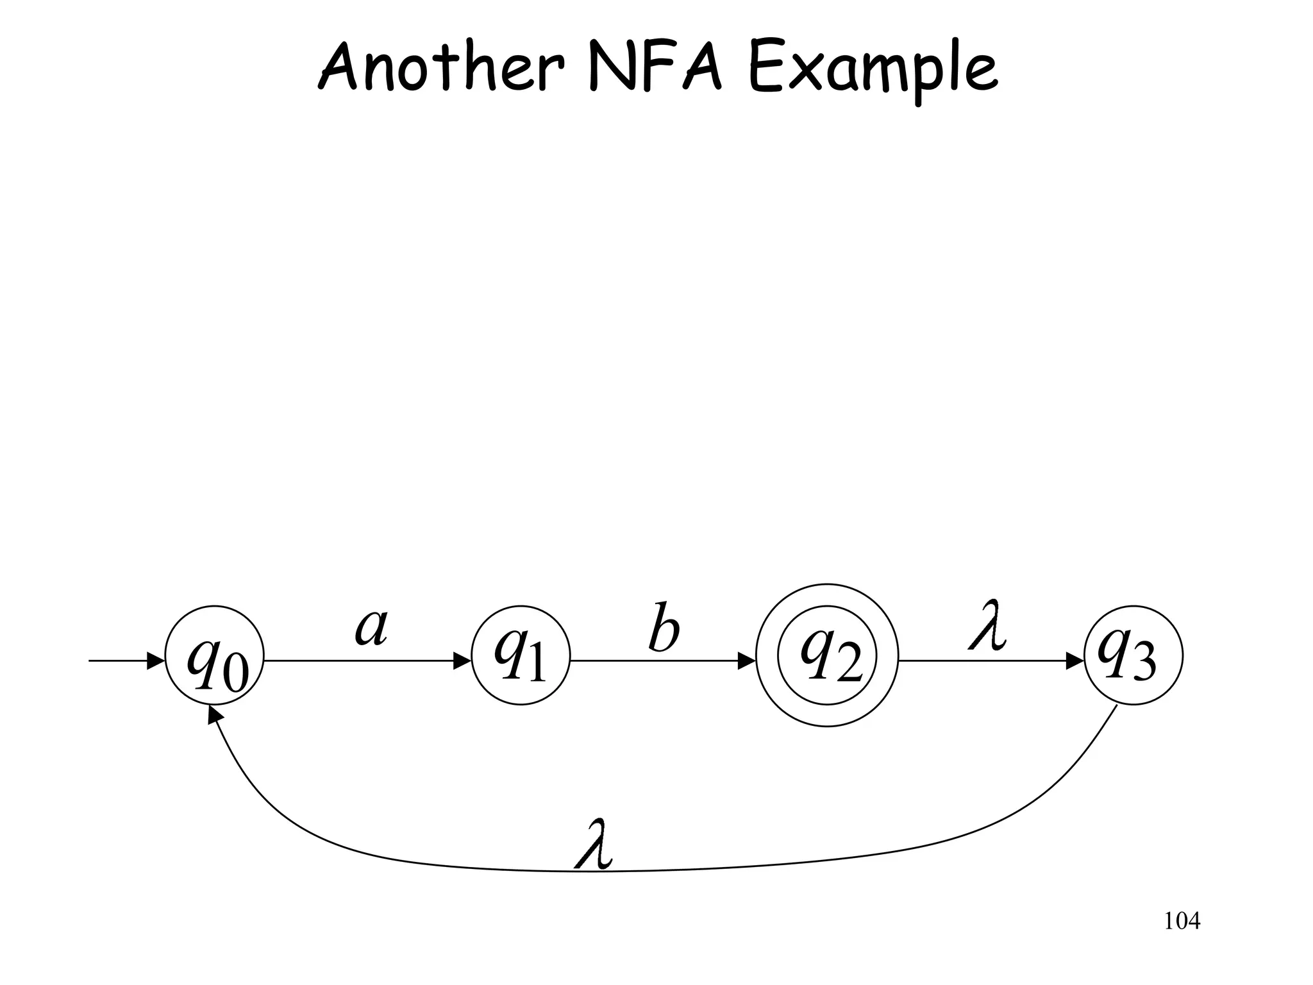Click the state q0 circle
coord(215,655)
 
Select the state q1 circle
coord(521,655)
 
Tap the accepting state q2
coord(827,655)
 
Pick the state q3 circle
coord(1133,655)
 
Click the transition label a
coord(372,627)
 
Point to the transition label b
coord(663,627)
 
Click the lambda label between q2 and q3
coord(987,625)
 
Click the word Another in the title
coord(442,67)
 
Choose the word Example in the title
coord(873,71)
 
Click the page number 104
coord(1182,922)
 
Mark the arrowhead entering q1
coord(463,661)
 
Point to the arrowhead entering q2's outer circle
coord(748,661)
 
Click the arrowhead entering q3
coord(1075,661)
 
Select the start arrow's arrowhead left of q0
coord(156,661)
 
